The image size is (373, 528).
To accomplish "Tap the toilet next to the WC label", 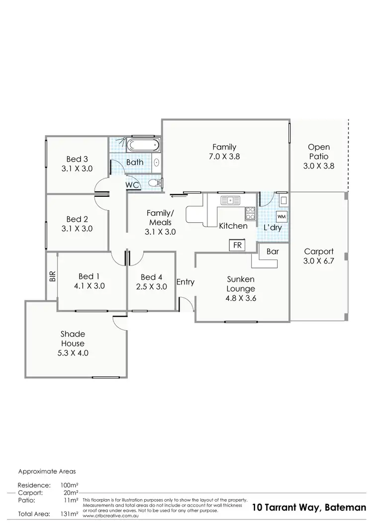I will click(157, 183).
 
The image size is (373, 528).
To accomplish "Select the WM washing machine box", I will click(281, 217).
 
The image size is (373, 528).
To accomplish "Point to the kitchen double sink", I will click(230, 200).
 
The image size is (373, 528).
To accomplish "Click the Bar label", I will click(273, 252).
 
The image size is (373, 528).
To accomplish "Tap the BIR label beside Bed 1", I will click(52, 276).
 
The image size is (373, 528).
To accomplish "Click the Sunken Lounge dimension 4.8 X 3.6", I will click(241, 298).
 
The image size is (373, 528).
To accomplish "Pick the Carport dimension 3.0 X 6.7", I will click(319, 262).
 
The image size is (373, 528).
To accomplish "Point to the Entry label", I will click(186, 282).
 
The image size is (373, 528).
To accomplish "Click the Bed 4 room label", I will click(151, 277).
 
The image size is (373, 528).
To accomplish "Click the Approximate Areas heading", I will click(47, 470).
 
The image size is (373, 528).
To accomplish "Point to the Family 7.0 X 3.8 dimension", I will click(224, 156).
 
